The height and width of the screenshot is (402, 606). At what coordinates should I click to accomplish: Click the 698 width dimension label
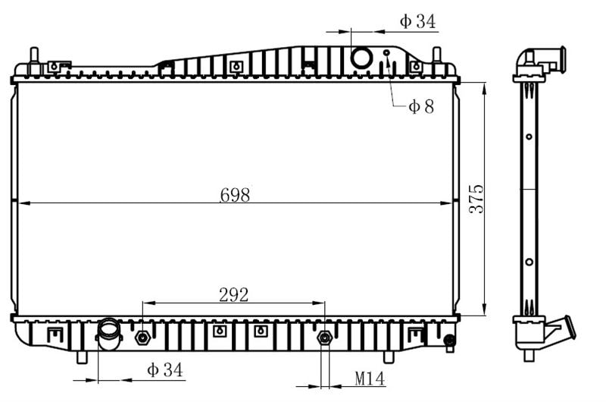click(x=235, y=195)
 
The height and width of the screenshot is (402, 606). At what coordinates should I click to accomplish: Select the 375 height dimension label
click(x=476, y=199)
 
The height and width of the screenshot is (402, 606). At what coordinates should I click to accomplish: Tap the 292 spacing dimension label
click(x=233, y=295)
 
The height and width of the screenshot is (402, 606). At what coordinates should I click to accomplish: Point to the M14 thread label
click(x=370, y=378)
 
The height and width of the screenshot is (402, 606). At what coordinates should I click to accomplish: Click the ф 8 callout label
click(x=421, y=106)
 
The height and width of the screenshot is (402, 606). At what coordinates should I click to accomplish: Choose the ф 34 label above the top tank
click(x=417, y=21)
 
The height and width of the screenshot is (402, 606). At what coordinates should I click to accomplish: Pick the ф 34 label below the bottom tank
click(x=164, y=370)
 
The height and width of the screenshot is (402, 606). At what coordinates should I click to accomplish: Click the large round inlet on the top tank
click(x=361, y=57)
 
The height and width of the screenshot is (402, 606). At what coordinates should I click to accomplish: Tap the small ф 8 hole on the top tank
click(x=386, y=52)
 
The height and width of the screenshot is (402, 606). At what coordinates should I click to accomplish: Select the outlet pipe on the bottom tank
click(x=109, y=334)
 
